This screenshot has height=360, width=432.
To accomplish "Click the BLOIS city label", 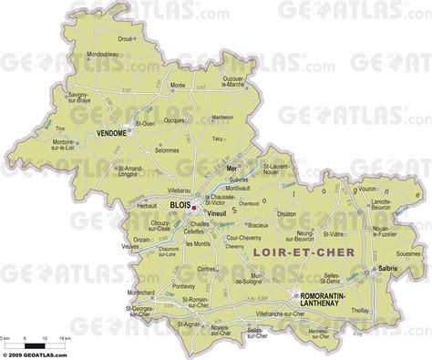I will pyautogui.click(x=179, y=206).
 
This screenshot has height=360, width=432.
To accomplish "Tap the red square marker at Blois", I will pyautogui.click(x=194, y=206).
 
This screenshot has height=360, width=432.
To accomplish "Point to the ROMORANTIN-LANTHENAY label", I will pyautogui.click(x=329, y=300).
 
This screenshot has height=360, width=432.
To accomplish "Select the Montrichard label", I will pyautogui.click(x=141, y=293).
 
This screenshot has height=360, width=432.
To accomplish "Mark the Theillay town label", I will pyautogui.click(x=386, y=310).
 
